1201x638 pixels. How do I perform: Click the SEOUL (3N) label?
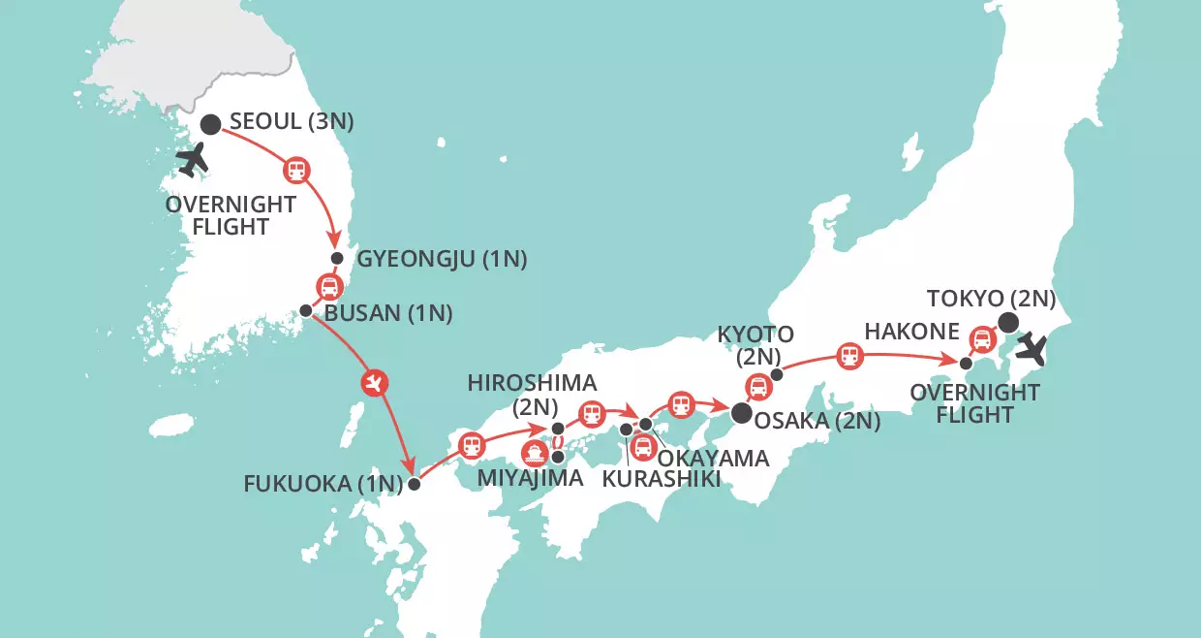(x=292, y=123)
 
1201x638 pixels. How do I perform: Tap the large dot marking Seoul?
(x=210, y=124)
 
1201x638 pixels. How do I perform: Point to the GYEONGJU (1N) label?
(x=442, y=259)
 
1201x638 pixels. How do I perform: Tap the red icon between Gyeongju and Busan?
(x=329, y=286)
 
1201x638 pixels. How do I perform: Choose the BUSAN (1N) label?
(x=390, y=314)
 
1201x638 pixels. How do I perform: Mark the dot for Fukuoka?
(x=414, y=484)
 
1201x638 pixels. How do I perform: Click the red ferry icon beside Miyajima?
(x=534, y=453)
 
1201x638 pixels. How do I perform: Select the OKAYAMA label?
(x=713, y=457)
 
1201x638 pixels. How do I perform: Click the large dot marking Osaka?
(x=741, y=414)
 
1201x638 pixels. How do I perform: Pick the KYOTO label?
(x=754, y=335)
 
